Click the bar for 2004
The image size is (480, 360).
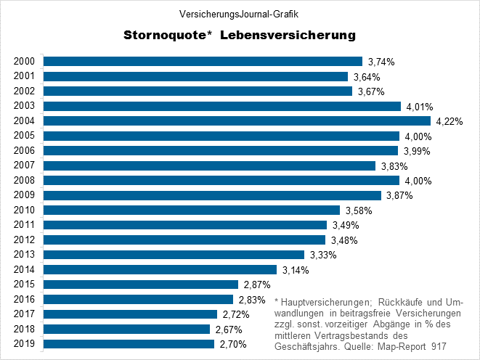click(x=237, y=120)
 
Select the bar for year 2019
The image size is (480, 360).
click(x=129, y=344)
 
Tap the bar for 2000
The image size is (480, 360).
click(x=203, y=61)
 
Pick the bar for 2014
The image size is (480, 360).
click(x=160, y=269)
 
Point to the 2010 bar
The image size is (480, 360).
click(x=192, y=210)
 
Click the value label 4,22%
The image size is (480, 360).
click(x=449, y=121)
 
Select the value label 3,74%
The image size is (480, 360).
click(x=381, y=62)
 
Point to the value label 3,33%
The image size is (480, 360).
click(x=322, y=255)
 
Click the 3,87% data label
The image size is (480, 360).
click(x=399, y=195)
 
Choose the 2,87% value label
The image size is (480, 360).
click(x=256, y=285)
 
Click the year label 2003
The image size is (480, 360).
click(x=25, y=106)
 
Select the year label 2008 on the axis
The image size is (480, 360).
click(x=25, y=180)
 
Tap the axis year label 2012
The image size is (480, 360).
click(x=25, y=240)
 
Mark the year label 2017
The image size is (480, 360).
click(x=25, y=314)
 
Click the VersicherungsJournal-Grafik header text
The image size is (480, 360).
click(x=239, y=13)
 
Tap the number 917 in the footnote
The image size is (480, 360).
click(x=457, y=348)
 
